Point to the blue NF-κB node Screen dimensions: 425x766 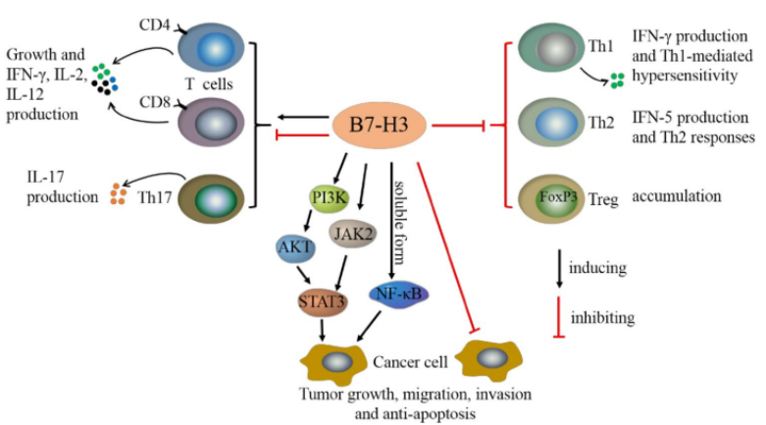tap(397, 292)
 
